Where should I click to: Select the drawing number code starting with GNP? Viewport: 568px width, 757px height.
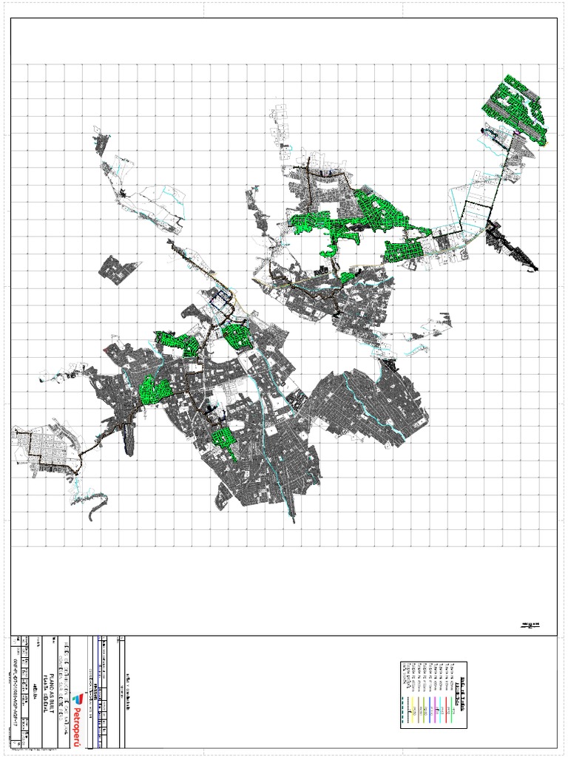pyautogui.click(x=17, y=688)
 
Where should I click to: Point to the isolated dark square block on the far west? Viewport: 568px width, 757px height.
pyautogui.click(x=117, y=270)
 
